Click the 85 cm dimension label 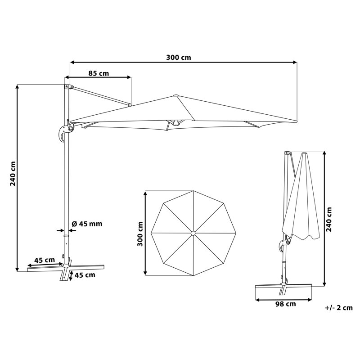(99, 73)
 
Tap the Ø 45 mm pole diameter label (87, 224)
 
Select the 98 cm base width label (286, 304)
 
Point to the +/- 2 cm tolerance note (339, 308)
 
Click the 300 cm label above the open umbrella (178, 58)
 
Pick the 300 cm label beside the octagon (140, 234)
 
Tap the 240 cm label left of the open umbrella (13, 174)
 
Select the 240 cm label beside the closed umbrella (329, 220)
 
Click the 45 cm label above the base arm (45, 260)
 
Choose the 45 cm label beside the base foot (85, 275)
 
